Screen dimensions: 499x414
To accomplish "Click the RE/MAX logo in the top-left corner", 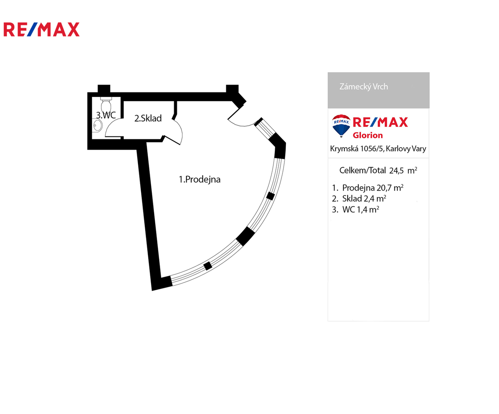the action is coord(41,30).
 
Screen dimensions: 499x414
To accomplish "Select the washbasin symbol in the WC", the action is coord(97,125).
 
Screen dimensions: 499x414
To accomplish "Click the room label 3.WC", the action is coord(106,115).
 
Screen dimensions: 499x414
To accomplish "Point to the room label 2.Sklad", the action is coord(148,118).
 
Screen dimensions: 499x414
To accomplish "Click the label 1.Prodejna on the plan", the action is coord(200,179).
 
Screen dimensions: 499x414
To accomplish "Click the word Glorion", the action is coord(368,135).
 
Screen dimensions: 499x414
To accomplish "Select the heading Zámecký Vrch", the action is coord(363,87).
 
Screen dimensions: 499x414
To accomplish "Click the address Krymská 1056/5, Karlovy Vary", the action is coord(378,149).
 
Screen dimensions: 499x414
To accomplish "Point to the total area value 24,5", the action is coord(396,171).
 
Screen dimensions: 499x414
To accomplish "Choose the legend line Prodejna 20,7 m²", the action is coord(373,188).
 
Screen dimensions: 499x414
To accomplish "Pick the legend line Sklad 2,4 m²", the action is coord(364,199).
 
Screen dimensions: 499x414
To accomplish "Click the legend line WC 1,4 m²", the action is coord(361,210).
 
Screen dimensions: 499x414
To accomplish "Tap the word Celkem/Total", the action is coord(363,171).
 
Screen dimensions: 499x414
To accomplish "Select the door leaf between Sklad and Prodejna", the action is coord(172,140).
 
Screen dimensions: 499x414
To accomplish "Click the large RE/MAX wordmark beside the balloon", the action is coord(380,122).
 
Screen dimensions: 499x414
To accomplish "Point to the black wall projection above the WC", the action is coord(104,89).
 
